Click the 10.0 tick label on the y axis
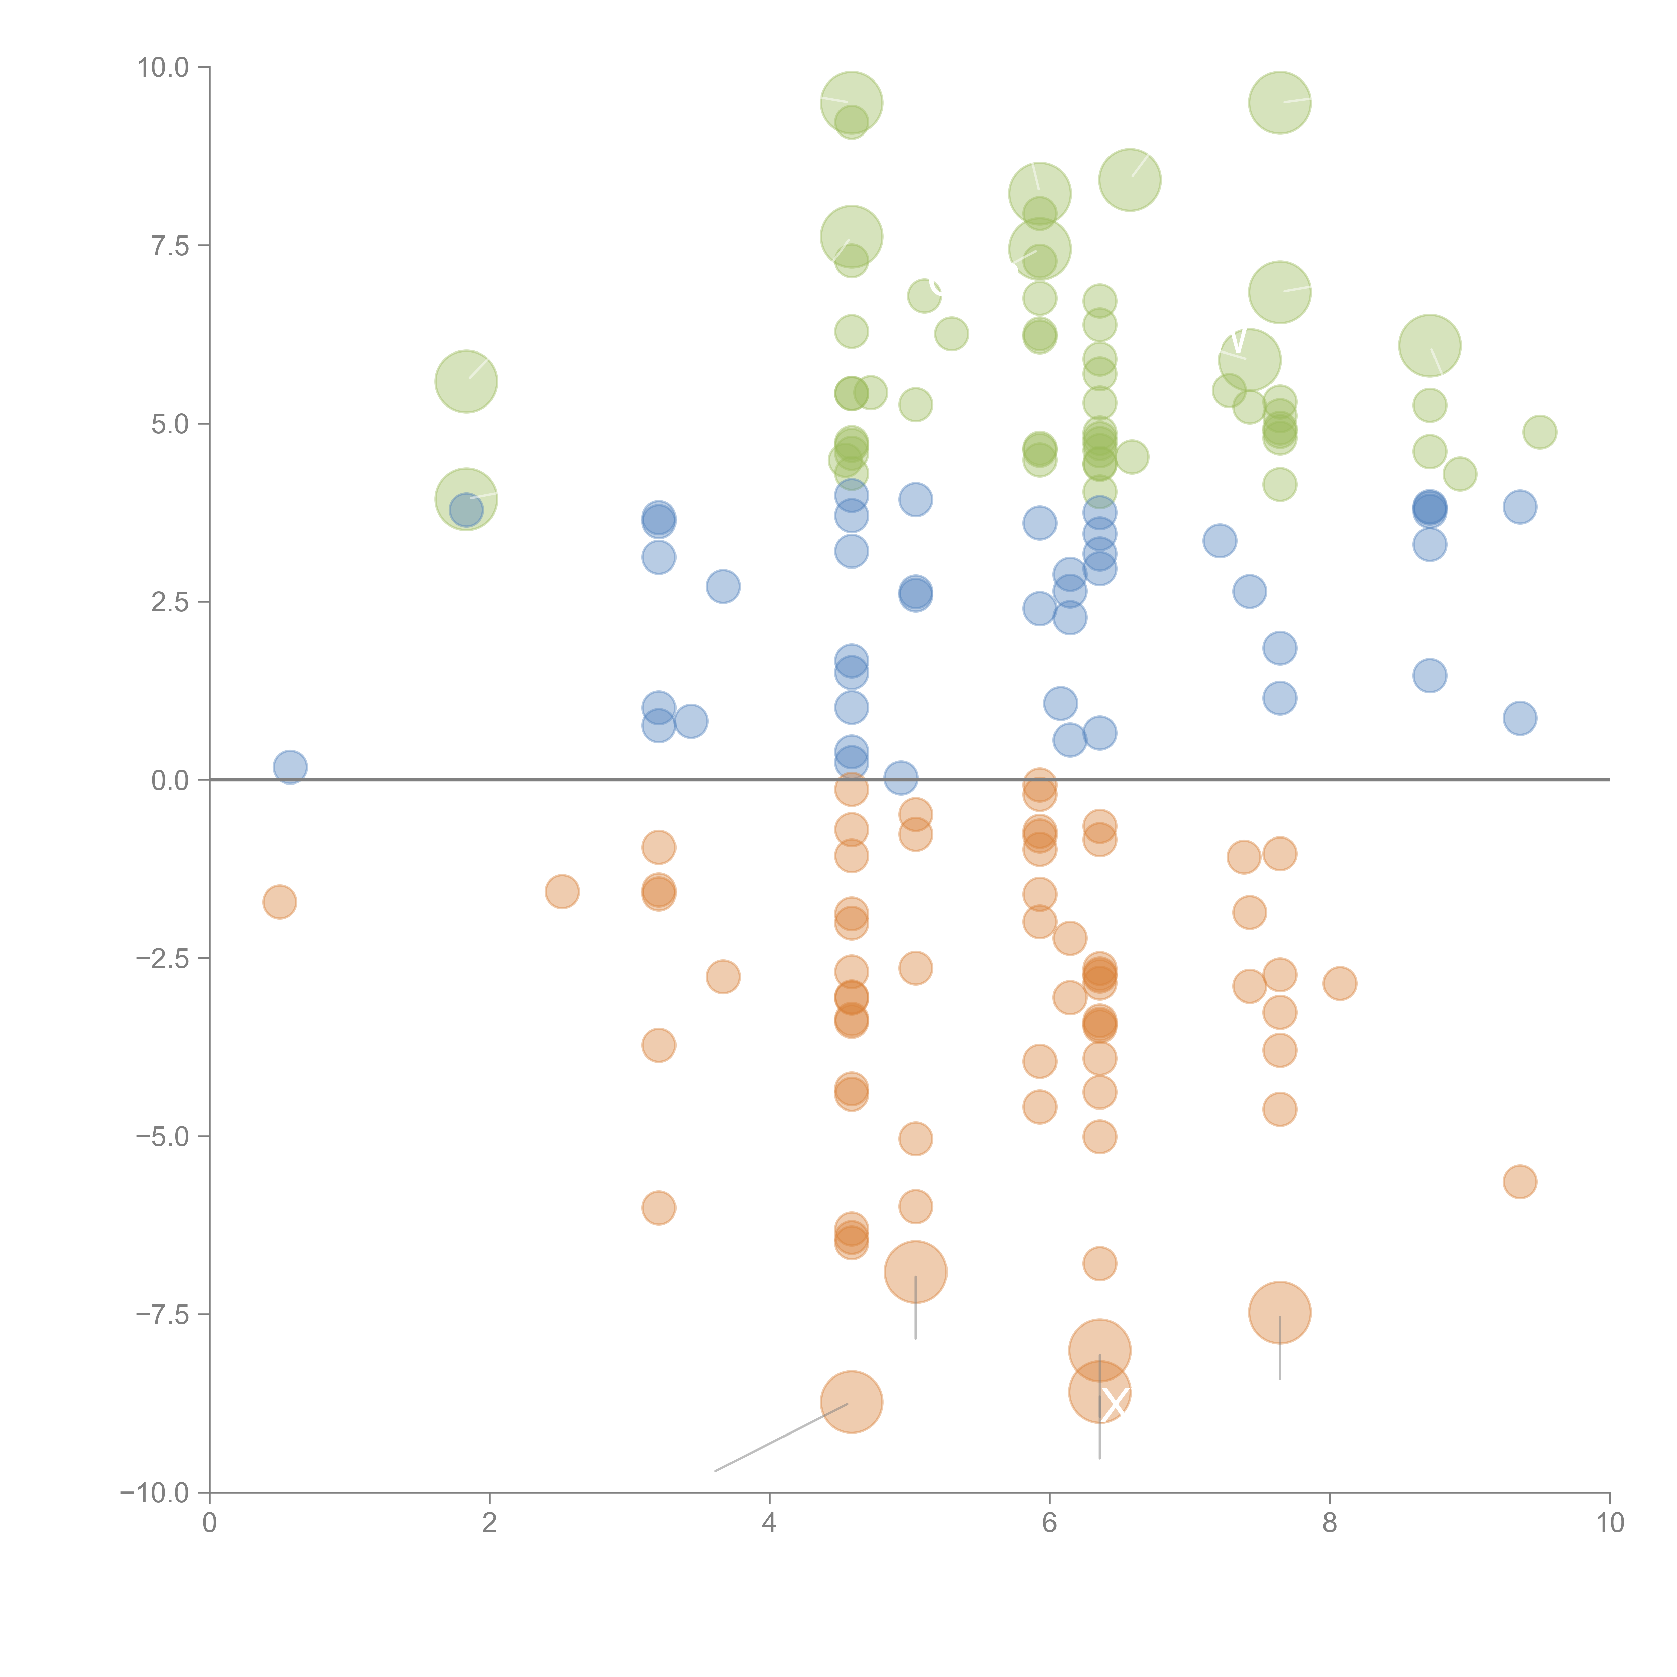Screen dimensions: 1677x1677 (163, 68)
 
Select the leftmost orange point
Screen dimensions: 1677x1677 (279, 902)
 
